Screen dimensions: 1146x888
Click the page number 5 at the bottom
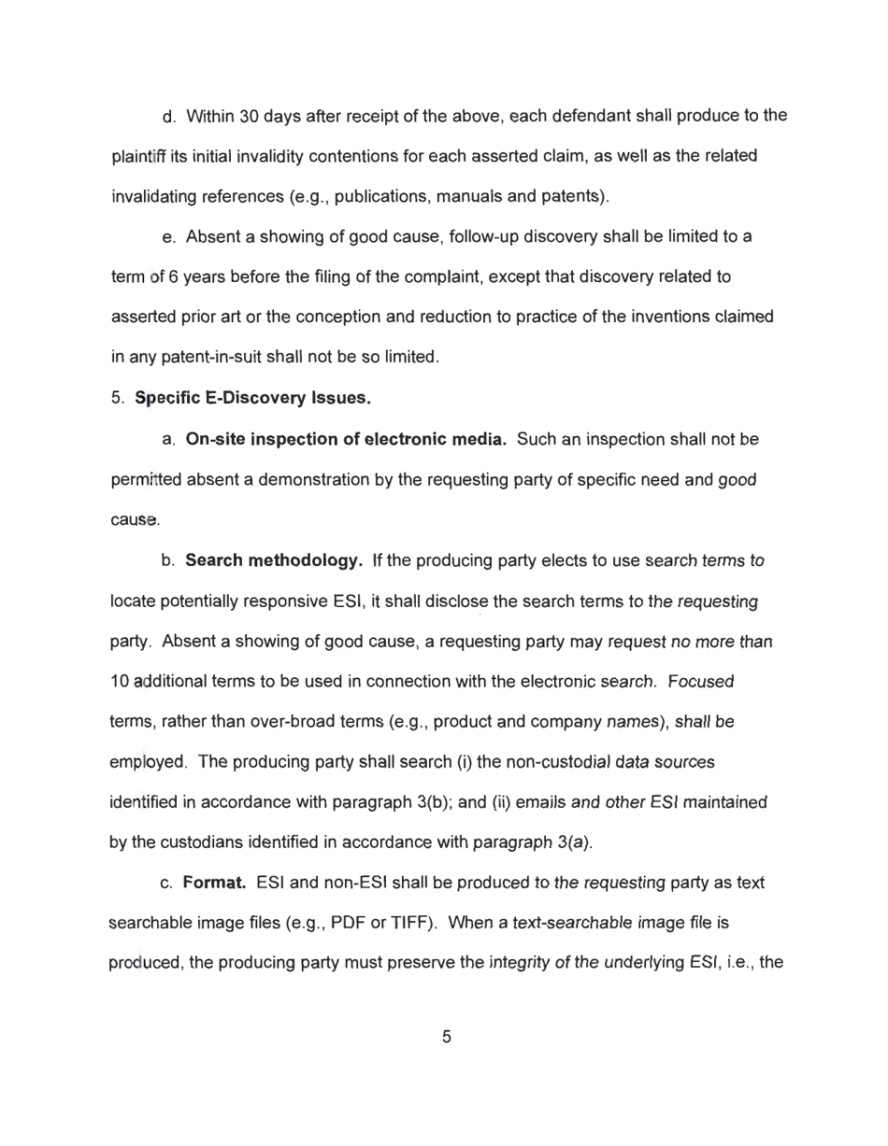(446, 1037)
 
